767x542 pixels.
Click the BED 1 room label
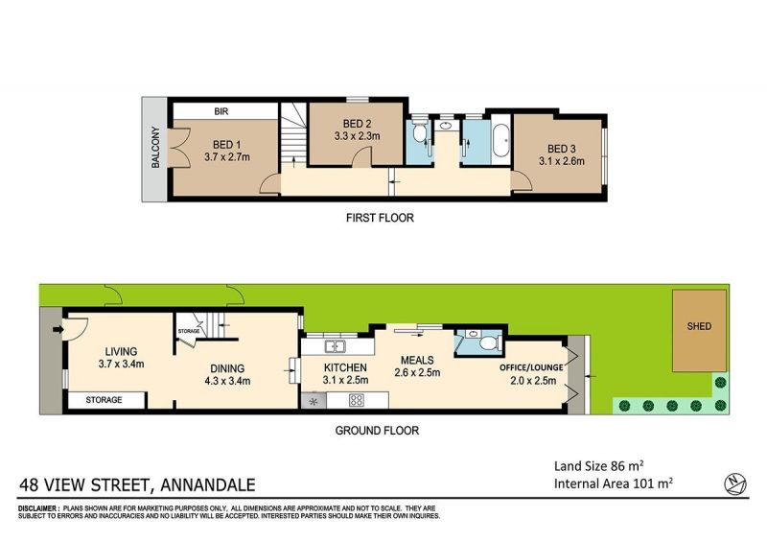pyautogui.click(x=227, y=145)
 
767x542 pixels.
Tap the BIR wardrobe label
pyautogui.click(x=221, y=111)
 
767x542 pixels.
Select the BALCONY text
pyautogui.click(x=155, y=148)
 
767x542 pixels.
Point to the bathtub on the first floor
pyautogui.click(x=500, y=140)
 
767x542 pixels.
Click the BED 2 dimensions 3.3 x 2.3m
pyautogui.click(x=357, y=136)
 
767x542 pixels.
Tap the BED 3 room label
pyautogui.click(x=562, y=149)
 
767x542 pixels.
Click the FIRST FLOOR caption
pyautogui.click(x=380, y=218)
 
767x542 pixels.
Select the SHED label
pyautogui.click(x=699, y=326)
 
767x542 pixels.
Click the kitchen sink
pyautogui.click(x=335, y=346)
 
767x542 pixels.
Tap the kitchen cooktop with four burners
pyautogui.click(x=356, y=400)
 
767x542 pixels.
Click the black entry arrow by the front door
pyautogui.click(x=58, y=330)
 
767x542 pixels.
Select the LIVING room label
pyautogui.click(x=122, y=351)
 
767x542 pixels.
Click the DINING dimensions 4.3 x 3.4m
pyautogui.click(x=227, y=381)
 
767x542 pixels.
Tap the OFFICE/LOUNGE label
pyautogui.click(x=531, y=367)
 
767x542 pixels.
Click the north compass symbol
pyautogui.click(x=734, y=483)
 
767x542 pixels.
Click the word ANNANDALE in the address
pyautogui.click(x=208, y=484)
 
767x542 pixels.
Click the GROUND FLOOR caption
pyautogui.click(x=377, y=431)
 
